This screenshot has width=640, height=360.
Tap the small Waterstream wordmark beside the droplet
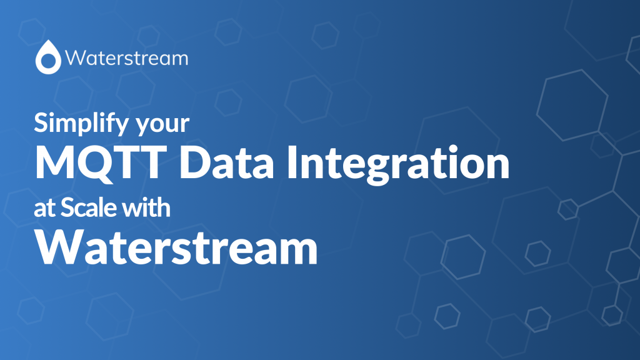click(126, 58)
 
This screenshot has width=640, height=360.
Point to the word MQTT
click(101, 163)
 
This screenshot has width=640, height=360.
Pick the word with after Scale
click(146, 207)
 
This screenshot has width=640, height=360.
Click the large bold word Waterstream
click(176, 247)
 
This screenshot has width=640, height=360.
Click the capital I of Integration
click(292, 162)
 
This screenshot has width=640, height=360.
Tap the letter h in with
click(162, 207)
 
